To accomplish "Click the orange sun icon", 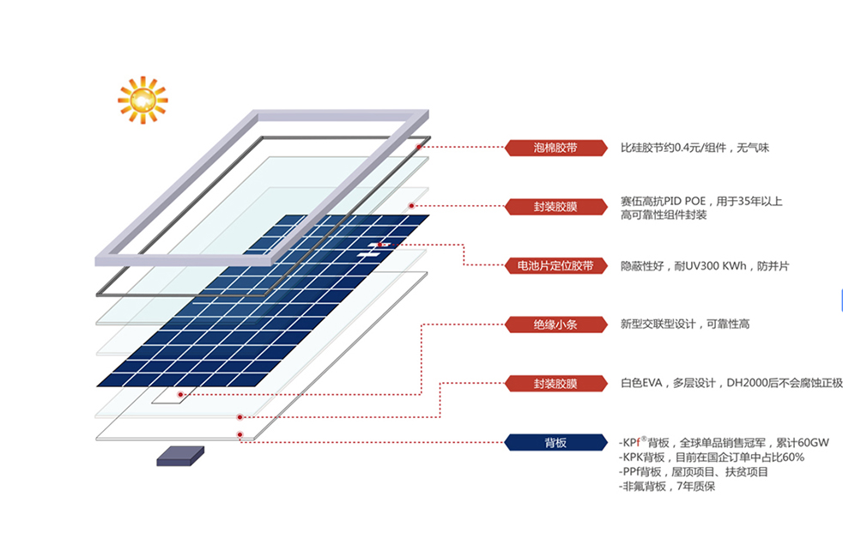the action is pos(143,100).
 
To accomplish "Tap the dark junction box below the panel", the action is pos(180,457).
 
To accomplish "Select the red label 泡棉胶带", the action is pos(556,148).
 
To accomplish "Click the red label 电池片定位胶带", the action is pos(556,265).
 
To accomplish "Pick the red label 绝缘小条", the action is pos(556,324).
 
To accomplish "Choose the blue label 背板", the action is pos(556,442).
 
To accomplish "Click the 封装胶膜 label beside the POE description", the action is pos(556,207).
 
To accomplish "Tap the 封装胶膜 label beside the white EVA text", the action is pos(556,384).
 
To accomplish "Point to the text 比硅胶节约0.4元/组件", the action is pos(673,148).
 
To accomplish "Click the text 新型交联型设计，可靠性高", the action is pos(685,324).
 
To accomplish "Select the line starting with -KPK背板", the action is pos(712,458).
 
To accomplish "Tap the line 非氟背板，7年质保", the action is pos(667,487).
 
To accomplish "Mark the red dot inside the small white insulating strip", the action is pos(180,395).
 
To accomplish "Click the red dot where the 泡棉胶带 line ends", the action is pos(419,147).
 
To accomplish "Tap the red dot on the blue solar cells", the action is pos(379,246).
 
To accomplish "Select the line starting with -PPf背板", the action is pos(694,472).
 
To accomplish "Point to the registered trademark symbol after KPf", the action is pos(644,439).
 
